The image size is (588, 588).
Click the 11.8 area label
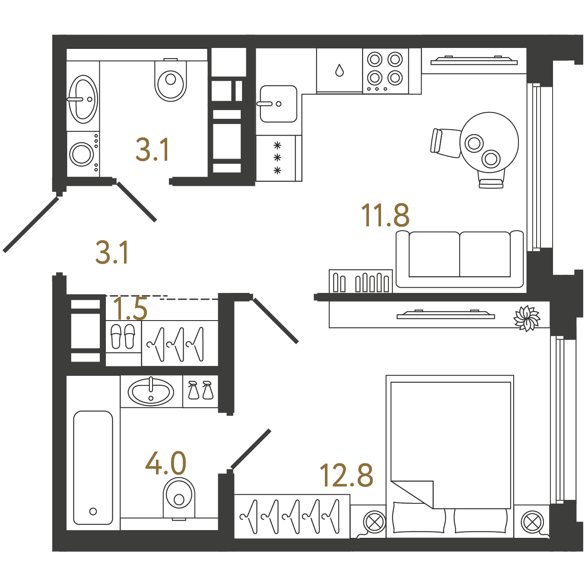385,216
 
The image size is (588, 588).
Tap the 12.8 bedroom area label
346,475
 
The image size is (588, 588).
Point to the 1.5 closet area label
130,308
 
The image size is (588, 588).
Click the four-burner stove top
385,71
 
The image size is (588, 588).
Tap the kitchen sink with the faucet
278,104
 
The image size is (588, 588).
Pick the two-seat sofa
460,259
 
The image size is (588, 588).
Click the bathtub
93,468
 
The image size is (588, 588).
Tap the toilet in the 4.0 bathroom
179,499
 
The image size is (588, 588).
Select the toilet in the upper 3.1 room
171,79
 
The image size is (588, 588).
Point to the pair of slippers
123,336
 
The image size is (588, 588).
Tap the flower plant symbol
527,318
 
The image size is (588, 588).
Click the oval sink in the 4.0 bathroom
151,392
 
